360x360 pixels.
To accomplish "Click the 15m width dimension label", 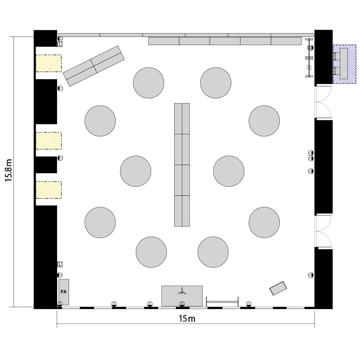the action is [187, 319].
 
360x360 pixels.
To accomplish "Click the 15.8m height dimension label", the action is [8, 170].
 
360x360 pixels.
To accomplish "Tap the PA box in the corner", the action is [64, 292].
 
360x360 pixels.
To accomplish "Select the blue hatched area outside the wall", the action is [344, 64].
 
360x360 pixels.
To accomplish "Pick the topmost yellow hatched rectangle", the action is [48, 63].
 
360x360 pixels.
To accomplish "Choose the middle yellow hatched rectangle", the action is [48, 141].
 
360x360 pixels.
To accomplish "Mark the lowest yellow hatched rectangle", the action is [48, 190].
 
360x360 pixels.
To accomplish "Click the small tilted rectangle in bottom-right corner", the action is [278, 288].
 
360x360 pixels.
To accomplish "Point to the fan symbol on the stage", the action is [182, 291].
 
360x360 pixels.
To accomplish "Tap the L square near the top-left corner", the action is [60, 44].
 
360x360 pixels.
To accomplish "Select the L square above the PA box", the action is [60, 264].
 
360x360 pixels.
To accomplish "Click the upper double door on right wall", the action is [323, 102].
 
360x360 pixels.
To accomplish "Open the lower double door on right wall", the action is [323, 231].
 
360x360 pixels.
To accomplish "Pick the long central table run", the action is [182, 165].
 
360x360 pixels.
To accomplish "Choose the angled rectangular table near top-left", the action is [94, 66].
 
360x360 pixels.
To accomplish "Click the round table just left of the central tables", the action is [136, 171].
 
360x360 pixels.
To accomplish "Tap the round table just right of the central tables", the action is [228, 171].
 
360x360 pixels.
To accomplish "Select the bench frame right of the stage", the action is [222, 302].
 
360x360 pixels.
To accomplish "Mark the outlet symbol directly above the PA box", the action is [60, 275].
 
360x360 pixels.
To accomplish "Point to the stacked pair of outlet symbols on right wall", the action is [311, 156].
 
